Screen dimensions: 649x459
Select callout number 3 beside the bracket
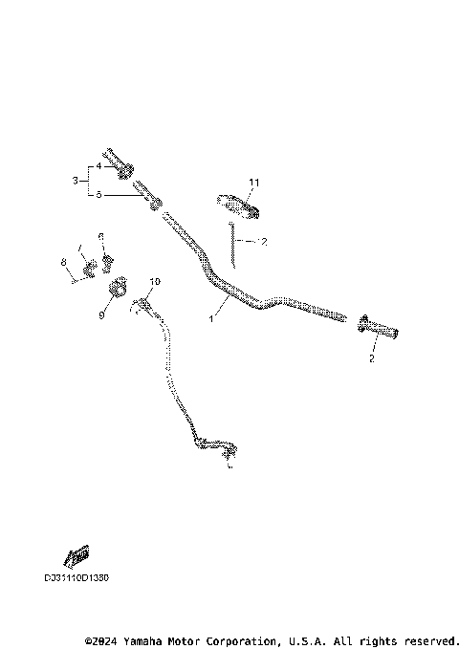tap(76, 180)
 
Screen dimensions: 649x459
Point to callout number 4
tap(98, 165)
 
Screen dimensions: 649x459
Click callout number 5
tap(98, 194)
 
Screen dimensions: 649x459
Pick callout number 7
tap(81, 249)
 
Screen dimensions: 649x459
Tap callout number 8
tap(63, 262)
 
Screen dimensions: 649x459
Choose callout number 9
tap(102, 314)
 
